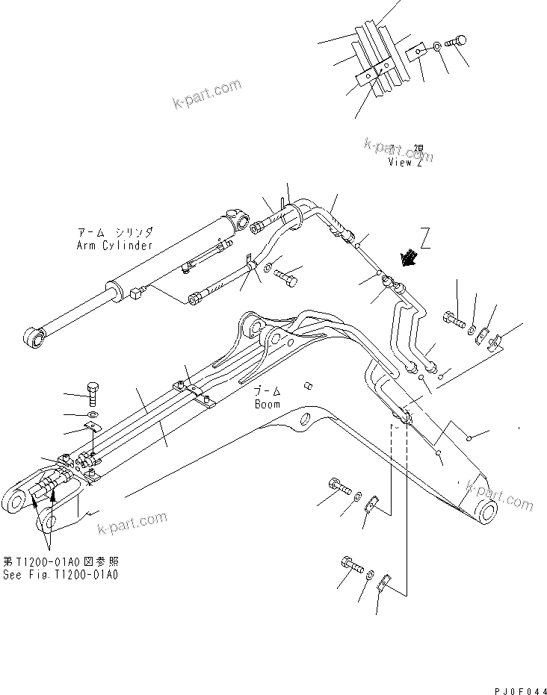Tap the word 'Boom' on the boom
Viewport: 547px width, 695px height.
pos(267,404)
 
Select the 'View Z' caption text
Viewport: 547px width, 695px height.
pos(404,162)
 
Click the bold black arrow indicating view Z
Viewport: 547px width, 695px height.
pos(409,258)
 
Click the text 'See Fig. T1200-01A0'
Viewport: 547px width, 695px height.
pos(61,575)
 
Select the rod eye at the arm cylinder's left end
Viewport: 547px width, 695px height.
pos(32,340)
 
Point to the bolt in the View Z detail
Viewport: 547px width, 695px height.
pos(454,43)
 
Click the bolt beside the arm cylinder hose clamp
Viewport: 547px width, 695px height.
pos(288,278)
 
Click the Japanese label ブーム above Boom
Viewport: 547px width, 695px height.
pos(266,392)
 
